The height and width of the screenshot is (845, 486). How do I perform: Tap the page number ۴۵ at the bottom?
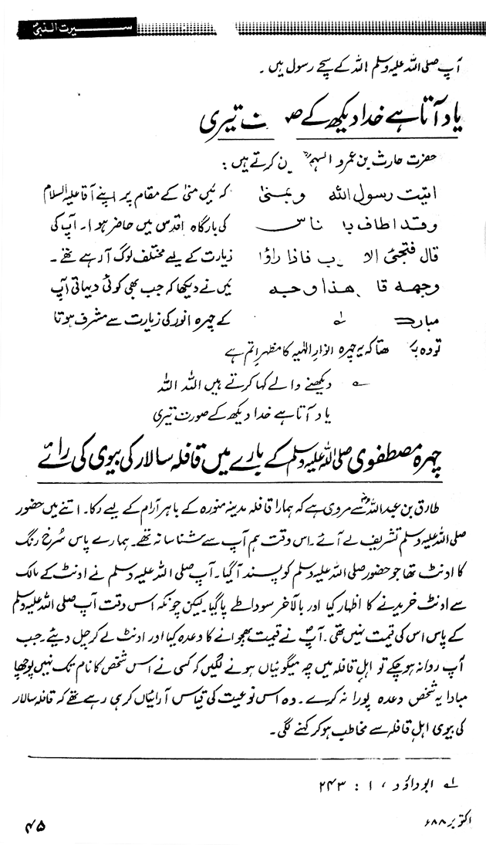pos(36,823)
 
